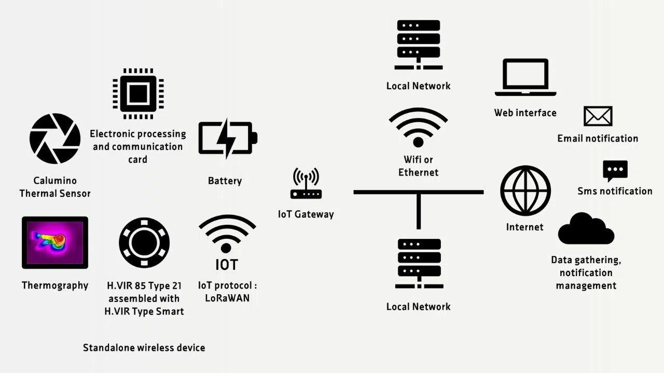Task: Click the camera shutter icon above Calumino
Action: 55,138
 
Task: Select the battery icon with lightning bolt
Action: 227,138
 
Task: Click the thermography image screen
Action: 55,242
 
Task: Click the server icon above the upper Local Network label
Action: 418,45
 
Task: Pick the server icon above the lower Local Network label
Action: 419,263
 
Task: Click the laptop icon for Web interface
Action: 525,77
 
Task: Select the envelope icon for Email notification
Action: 598,117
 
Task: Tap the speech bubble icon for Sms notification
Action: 615,170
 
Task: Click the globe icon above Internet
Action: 525,191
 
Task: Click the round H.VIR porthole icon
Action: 144,242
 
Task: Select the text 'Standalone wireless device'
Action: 144,348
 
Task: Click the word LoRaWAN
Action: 227,298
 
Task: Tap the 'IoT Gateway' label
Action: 306,214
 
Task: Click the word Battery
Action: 225,181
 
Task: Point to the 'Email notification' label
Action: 598,138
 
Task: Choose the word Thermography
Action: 55,285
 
